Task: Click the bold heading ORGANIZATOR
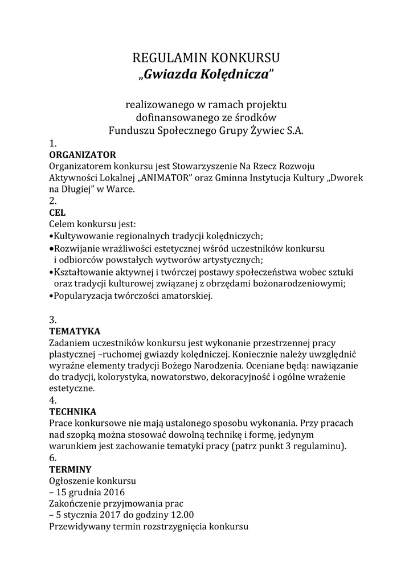[83, 154]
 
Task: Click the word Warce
[121, 189]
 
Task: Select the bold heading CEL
[58, 212]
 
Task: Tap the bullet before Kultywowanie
[51, 236]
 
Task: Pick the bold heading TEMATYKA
[75, 331]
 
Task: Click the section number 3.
[52, 319]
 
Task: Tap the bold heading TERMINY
[70, 470]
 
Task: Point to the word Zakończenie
[76, 504]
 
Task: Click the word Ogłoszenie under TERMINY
[72, 481]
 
